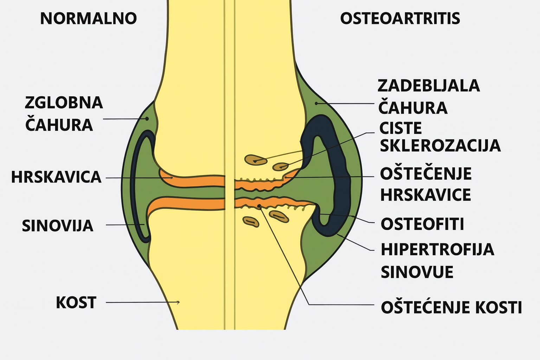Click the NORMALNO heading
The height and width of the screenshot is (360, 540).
(88, 19)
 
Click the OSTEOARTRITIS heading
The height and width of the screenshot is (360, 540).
(400, 19)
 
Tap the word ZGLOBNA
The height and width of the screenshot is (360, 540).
(64, 103)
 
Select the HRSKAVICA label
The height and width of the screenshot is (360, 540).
(56, 177)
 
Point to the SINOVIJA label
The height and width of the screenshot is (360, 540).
(58, 226)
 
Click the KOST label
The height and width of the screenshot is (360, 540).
(76, 303)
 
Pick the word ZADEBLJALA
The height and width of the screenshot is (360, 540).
(429, 86)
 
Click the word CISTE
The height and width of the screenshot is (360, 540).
(400, 129)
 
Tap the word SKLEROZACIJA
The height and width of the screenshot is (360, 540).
(440, 146)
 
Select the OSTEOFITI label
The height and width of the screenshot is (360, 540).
(422, 224)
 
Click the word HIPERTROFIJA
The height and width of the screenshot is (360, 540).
(437, 250)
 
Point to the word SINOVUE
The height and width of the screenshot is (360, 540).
(417, 272)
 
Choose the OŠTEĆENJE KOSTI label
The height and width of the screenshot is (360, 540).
(451, 307)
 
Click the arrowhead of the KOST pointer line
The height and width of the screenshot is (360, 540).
(179, 302)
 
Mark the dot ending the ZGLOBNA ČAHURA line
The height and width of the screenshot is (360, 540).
(148, 119)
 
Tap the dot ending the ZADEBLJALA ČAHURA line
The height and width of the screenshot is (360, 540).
(316, 103)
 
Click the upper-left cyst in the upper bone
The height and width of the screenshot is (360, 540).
(256, 160)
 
